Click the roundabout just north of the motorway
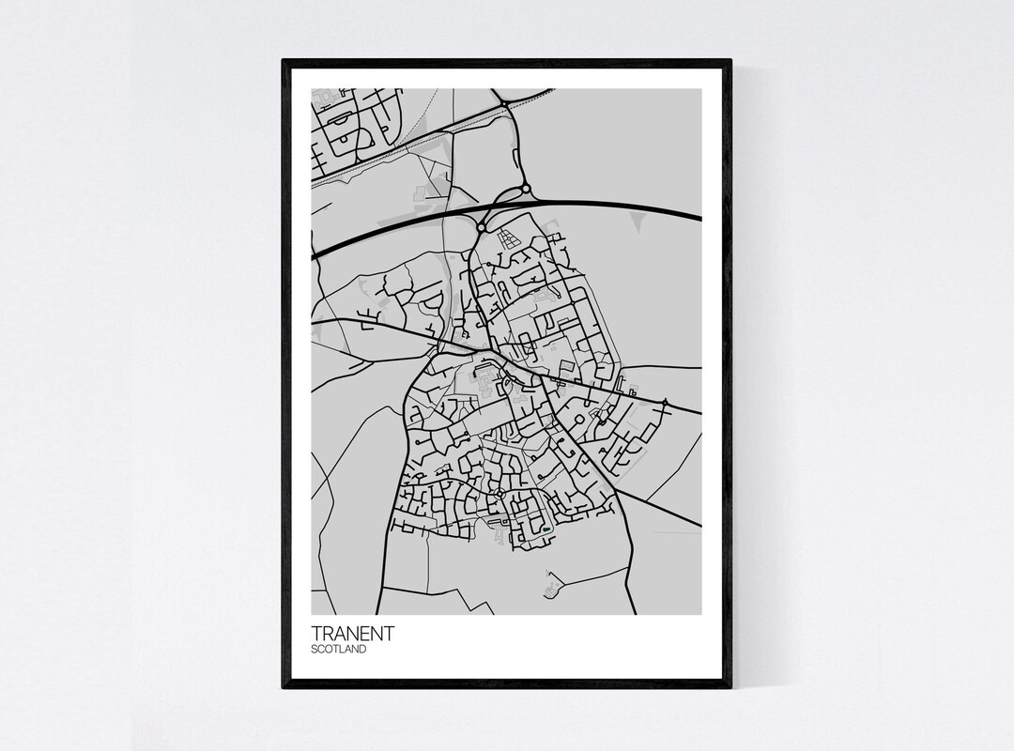[526, 191]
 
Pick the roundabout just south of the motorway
[482, 226]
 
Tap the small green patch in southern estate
[545, 531]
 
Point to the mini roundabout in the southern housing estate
[499, 493]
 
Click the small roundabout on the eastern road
[665, 403]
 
